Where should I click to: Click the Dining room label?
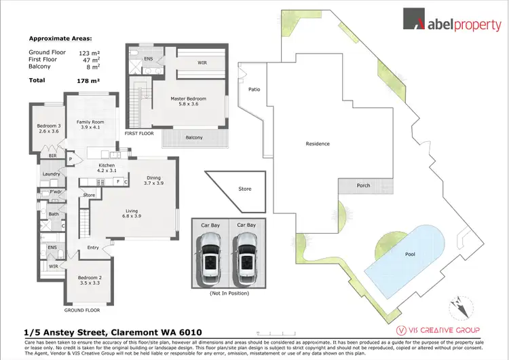[x=153, y=181]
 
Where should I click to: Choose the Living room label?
[x=131, y=214]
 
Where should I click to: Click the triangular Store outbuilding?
[x=238, y=190]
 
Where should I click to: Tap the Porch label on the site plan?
[x=363, y=185]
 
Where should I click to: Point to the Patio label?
[x=254, y=89]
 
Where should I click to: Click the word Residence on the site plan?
[x=318, y=143]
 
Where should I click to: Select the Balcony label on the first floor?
[x=193, y=138]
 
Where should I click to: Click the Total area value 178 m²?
[x=88, y=80]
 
